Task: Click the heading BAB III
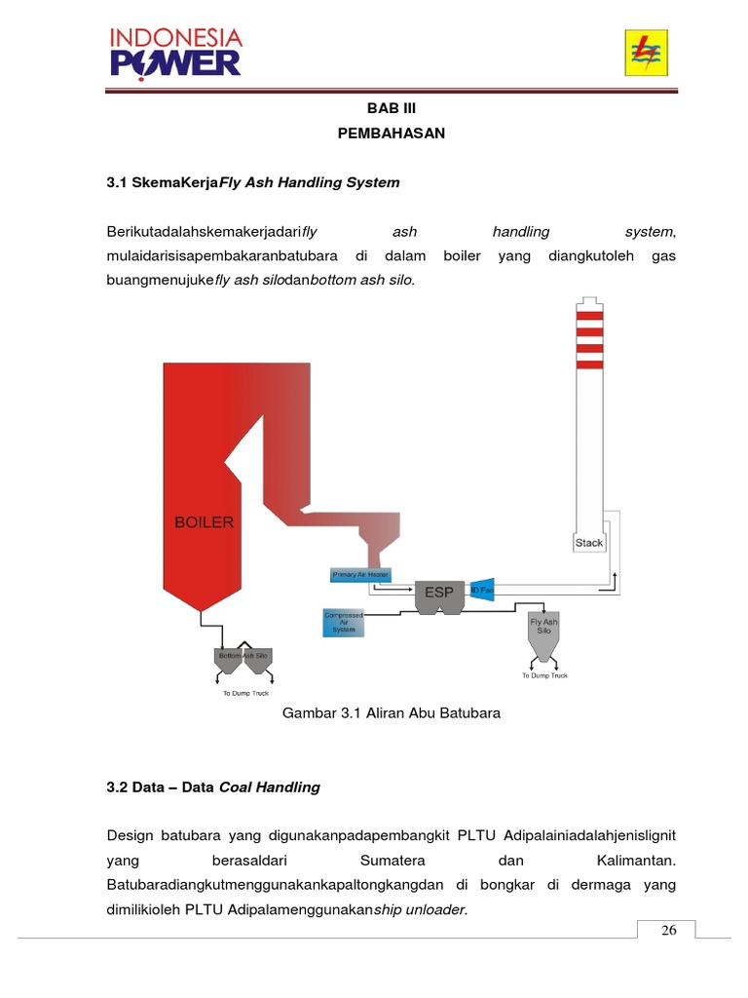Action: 391,111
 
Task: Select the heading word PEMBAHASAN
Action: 391,134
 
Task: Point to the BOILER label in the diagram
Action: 204,522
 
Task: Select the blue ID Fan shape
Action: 482,591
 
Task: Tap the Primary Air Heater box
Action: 360,575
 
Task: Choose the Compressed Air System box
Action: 344,622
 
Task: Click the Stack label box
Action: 588,542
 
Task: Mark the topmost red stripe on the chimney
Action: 588,315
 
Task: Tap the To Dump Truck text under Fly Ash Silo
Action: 544,675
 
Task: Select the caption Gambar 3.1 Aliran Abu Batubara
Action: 391,713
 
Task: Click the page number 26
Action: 668,930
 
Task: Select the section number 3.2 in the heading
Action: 117,787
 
